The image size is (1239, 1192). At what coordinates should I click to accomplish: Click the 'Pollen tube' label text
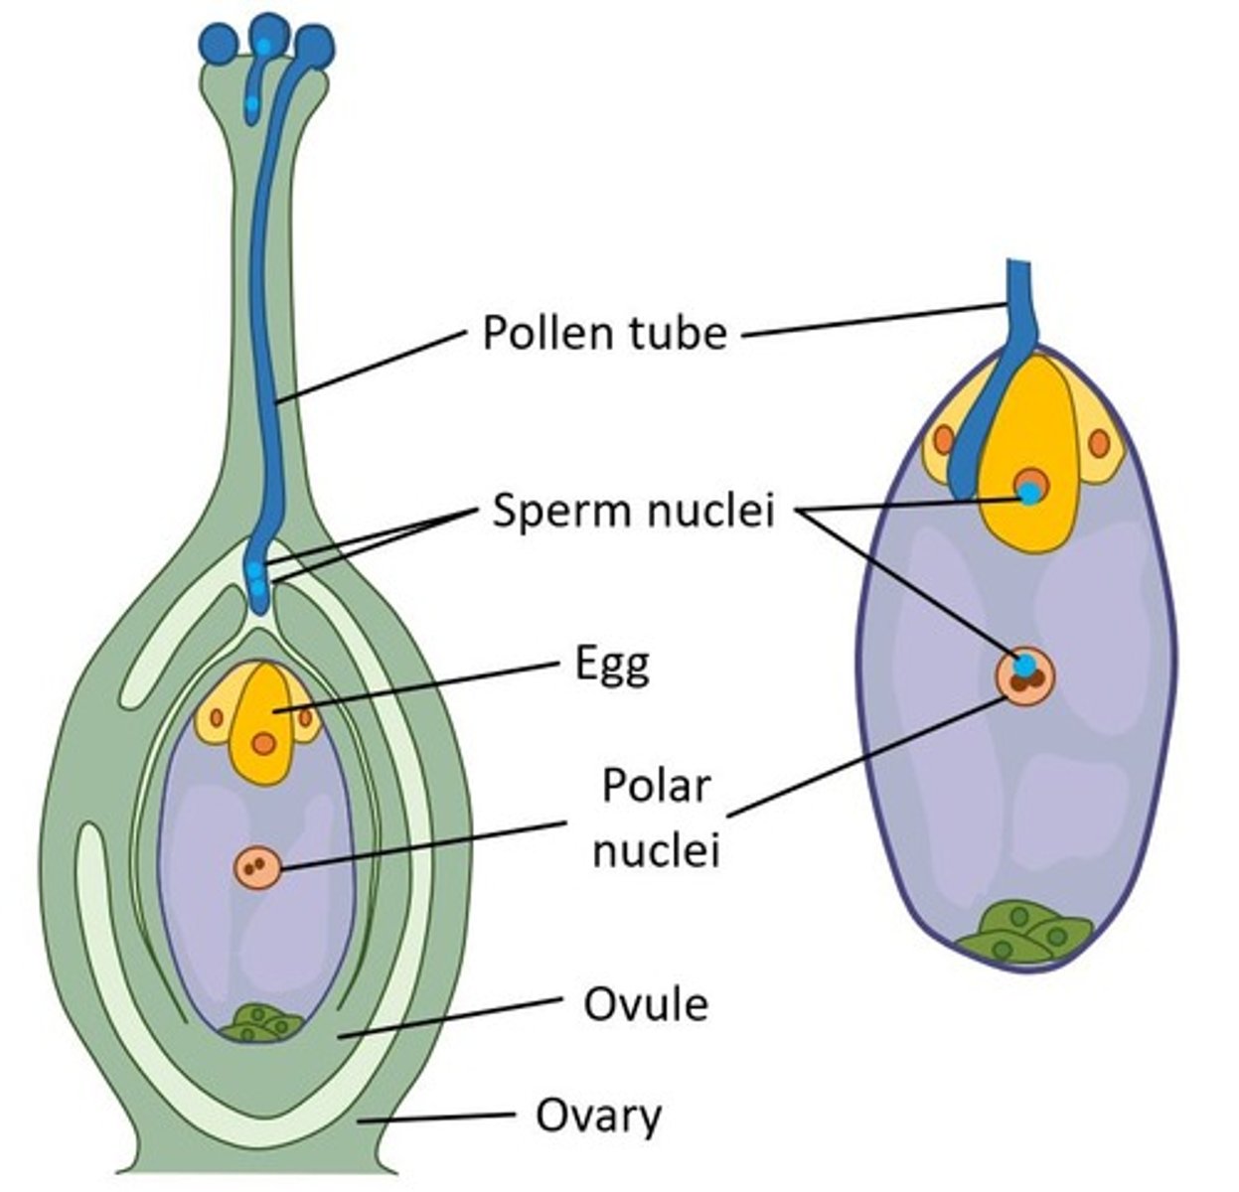coord(604,333)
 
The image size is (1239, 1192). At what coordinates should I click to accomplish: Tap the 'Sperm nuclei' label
coord(633,513)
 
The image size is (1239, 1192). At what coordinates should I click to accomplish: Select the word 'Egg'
coord(612,665)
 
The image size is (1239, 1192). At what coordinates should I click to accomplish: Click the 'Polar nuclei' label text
coord(655,819)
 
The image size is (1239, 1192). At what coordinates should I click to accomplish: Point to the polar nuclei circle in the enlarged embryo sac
coord(1024,675)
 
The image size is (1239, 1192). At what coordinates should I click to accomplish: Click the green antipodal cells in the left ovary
coord(260,1023)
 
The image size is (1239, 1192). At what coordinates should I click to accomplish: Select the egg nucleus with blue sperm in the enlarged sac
coord(1031,488)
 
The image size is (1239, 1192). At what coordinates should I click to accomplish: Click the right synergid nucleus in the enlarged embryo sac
coord(1098,443)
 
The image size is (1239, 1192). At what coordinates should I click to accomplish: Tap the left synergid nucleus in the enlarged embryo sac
coord(943,438)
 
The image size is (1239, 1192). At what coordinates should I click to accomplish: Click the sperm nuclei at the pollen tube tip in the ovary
coord(257,581)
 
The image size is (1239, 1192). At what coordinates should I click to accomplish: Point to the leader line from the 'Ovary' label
coord(437,1117)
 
